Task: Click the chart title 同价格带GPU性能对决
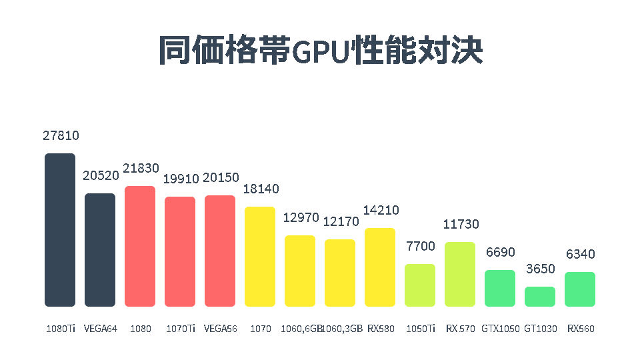[320, 50]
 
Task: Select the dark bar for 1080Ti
[60, 230]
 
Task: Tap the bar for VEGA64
[100, 250]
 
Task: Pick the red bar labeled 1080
[140, 246]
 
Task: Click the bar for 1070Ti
[180, 251]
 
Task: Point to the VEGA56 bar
[220, 251]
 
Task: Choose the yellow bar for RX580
[380, 267]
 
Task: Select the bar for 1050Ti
[420, 285]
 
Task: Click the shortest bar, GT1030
[540, 297]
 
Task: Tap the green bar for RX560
[580, 289]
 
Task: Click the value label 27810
[61, 135]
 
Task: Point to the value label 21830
[141, 169]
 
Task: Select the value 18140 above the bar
[261, 189]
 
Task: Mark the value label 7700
[421, 247]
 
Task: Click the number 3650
[540, 269]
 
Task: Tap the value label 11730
[461, 224]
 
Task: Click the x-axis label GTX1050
[500, 329]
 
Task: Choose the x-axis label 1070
[259, 329]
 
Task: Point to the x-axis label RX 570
[461, 329]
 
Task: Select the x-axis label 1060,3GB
[342, 329]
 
